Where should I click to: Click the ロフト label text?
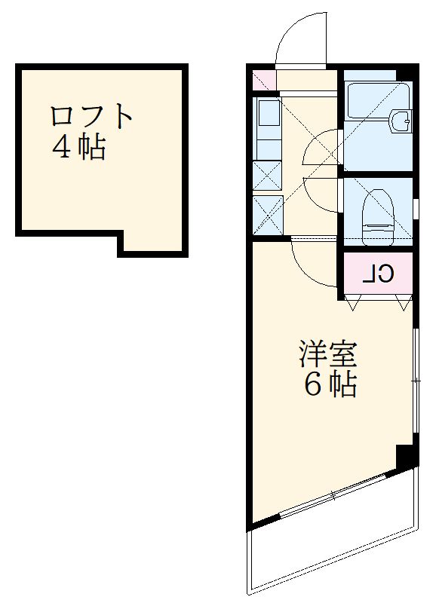point(91,117)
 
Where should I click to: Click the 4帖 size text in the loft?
point(78,148)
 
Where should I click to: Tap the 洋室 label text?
point(327,354)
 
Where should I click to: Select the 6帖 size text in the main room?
point(330,385)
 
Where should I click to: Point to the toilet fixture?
point(378,214)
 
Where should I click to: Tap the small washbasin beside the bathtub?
point(401,120)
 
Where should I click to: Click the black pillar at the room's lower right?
point(407,457)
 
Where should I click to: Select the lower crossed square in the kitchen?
point(267,214)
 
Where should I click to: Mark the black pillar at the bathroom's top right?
point(407,75)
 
